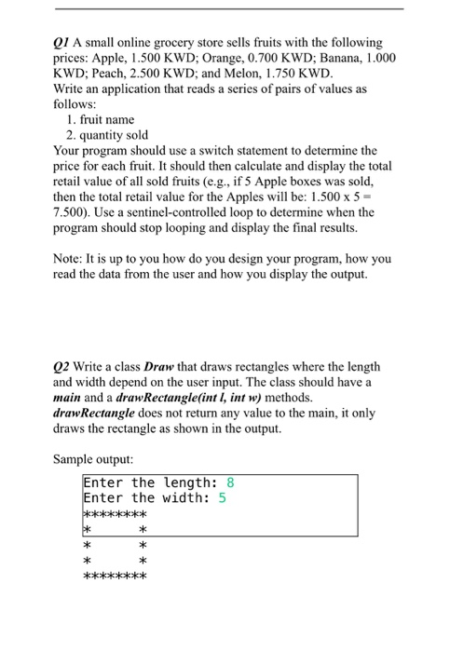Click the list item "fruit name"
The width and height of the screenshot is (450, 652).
(x=108, y=120)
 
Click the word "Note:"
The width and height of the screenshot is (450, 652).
(x=70, y=262)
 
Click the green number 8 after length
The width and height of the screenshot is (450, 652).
(x=231, y=482)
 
